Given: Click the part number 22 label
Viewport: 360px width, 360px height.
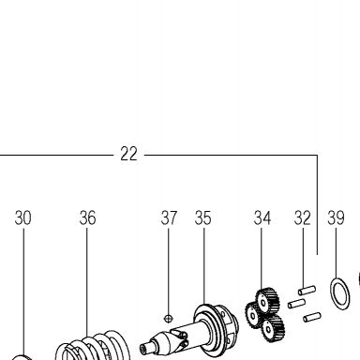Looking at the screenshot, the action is [128, 154].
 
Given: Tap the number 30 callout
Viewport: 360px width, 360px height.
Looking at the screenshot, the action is [22, 217].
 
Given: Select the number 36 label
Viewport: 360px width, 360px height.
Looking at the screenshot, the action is [87, 217].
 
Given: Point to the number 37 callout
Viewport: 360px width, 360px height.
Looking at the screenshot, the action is [169, 217].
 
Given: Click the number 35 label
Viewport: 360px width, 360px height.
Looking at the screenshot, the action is [203, 217].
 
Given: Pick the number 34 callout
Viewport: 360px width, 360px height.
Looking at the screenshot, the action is [262, 217].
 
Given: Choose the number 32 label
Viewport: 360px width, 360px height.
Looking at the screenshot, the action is [303, 217].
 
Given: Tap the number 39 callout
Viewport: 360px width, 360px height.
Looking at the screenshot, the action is [337, 217].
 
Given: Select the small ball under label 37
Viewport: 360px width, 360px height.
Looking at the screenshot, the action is [168, 319].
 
